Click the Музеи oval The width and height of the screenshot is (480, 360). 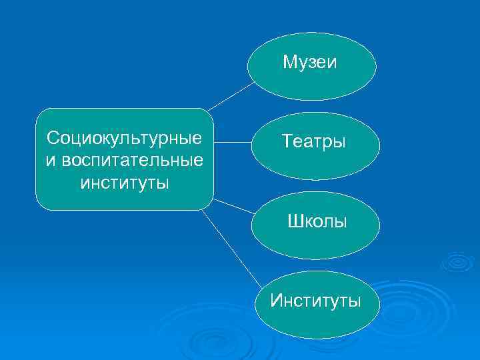311,66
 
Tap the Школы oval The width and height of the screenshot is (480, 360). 315,225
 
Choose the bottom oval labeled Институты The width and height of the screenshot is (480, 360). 315,305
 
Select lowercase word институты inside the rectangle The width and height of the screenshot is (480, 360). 125,182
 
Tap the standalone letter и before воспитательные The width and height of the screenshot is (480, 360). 51,160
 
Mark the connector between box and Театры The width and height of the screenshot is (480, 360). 232,142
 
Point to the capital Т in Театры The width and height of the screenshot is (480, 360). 287,141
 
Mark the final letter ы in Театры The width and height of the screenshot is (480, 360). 340,143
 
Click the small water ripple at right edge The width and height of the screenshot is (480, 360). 457,261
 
